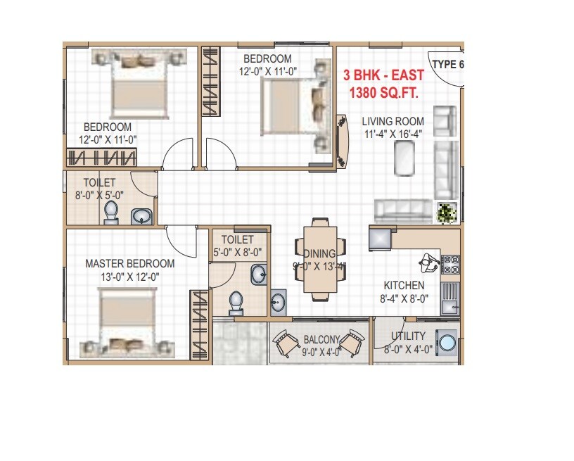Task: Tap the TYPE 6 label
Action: coord(448,65)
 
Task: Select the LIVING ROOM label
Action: coord(393,121)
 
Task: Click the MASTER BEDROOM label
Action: coord(130,264)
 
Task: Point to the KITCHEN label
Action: coord(404,285)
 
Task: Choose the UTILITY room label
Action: coord(409,337)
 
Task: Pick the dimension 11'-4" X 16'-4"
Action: coord(393,135)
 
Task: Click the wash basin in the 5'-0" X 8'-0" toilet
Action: coord(259,274)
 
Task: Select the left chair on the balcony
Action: coord(286,344)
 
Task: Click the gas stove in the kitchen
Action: coord(449,264)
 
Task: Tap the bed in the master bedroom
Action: coord(127,320)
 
